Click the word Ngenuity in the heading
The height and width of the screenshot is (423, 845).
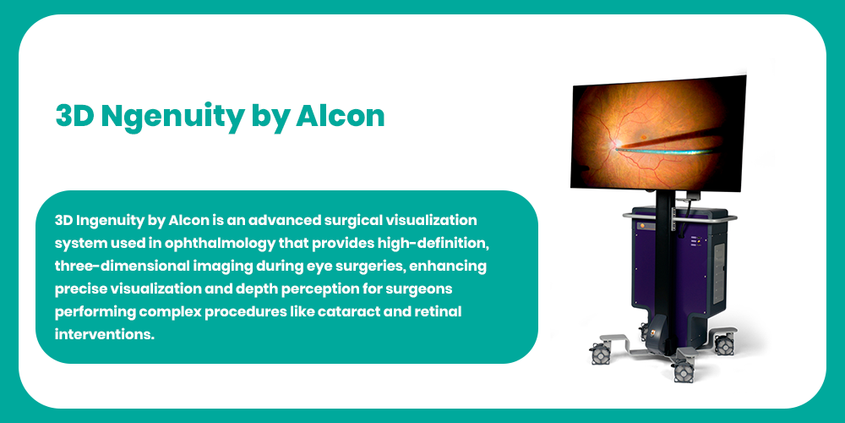point(172,117)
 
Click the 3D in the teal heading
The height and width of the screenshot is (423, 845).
point(75,115)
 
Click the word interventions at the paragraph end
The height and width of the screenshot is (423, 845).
point(105,334)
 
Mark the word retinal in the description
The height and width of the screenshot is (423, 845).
point(439,312)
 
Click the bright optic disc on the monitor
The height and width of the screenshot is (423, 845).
point(615,144)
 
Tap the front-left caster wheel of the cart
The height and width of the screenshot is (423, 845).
point(600,354)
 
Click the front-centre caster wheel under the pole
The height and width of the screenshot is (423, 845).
point(684,371)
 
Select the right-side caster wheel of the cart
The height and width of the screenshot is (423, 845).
point(724,344)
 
